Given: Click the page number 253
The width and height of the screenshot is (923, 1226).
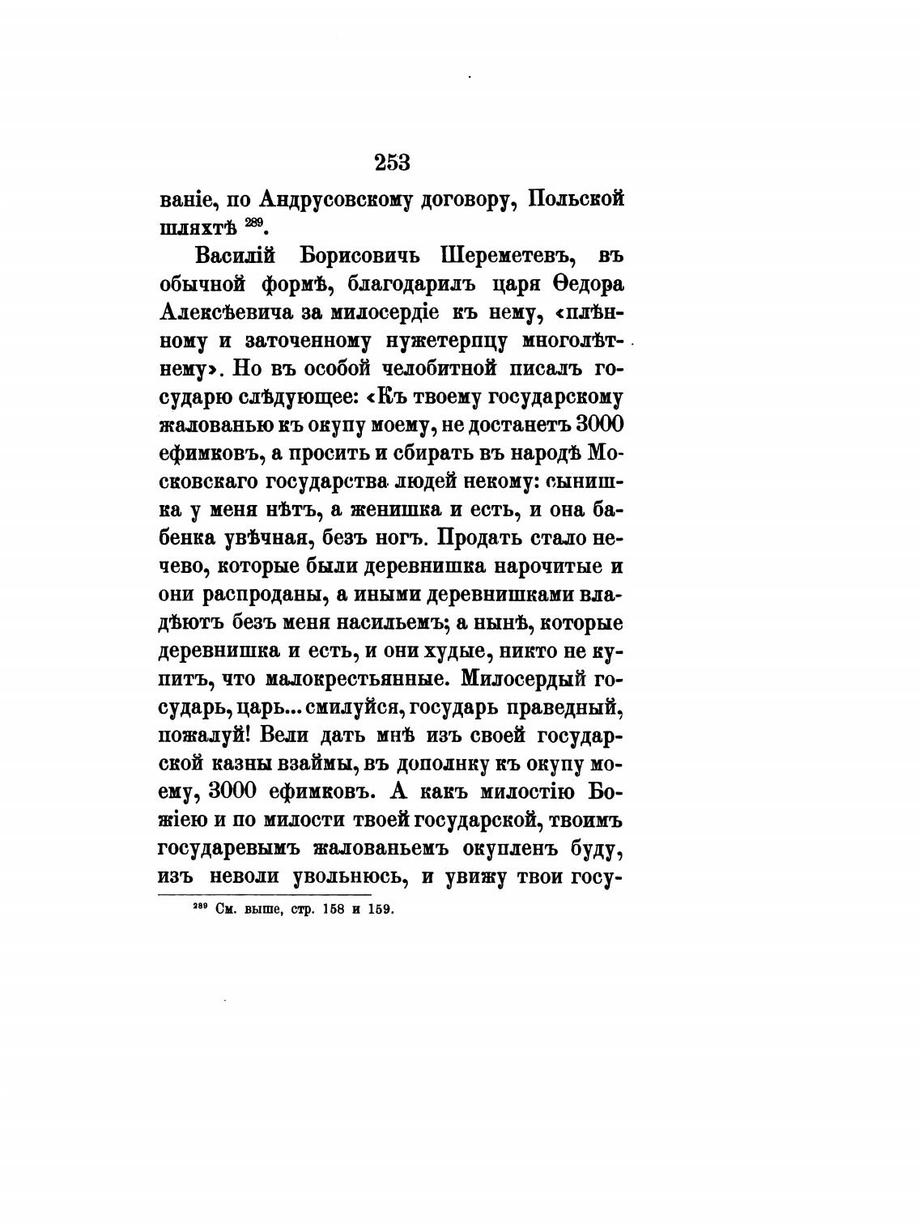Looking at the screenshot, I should (x=393, y=163).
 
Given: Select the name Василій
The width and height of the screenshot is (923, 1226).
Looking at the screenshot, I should (x=236, y=256).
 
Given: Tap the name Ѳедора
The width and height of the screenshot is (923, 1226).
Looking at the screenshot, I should (x=585, y=285).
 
